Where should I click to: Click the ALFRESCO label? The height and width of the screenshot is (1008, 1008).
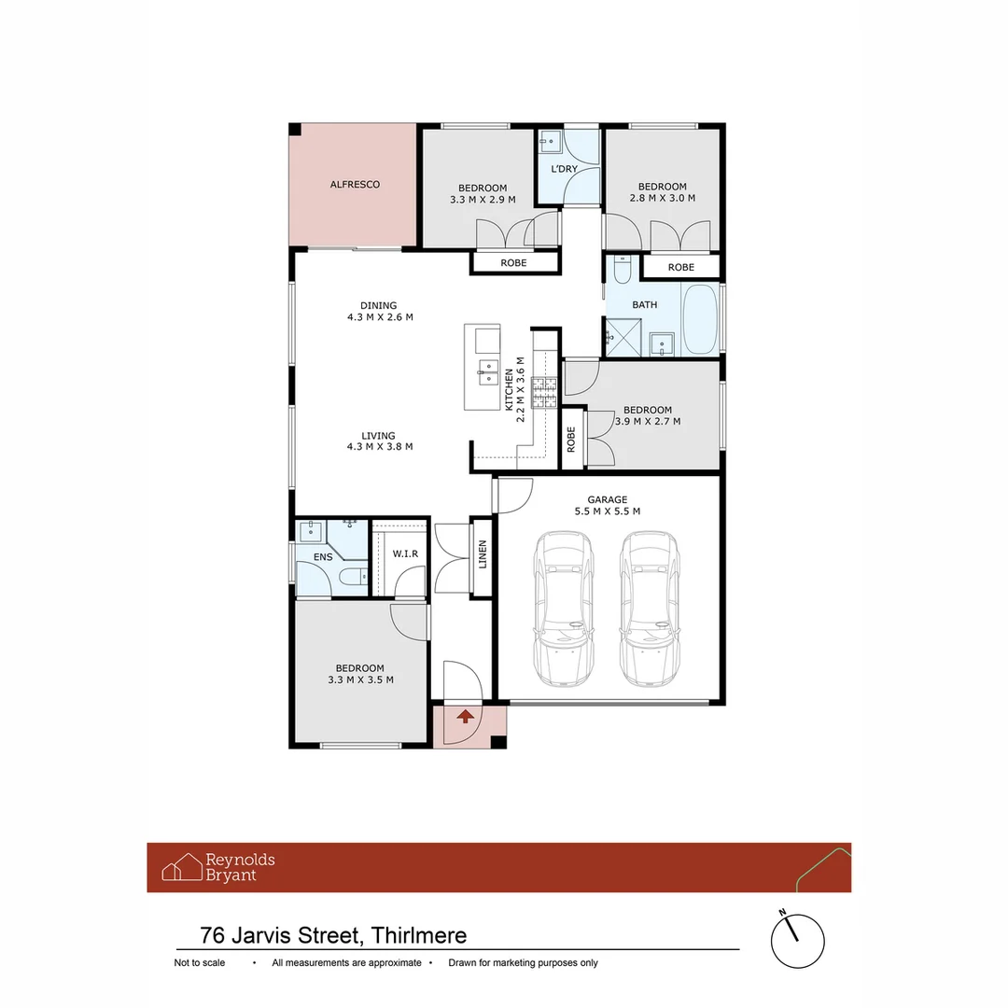[355, 185]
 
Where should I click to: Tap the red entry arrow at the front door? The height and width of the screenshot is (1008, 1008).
[466, 716]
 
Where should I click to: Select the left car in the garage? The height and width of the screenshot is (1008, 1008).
[563, 609]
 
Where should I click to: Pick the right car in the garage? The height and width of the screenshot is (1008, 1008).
[650, 609]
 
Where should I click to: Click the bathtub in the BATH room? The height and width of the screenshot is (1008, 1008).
[699, 319]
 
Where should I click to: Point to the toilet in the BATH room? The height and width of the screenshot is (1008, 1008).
[623, 270]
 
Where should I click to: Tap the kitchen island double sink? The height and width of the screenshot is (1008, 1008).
[488, 372]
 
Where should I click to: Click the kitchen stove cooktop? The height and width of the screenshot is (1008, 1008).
[544, 393]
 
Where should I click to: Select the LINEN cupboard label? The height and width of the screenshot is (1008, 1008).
[483, 554]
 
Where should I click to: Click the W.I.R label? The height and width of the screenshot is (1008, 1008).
[405, 553]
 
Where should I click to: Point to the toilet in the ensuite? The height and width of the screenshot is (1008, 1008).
[352, 576]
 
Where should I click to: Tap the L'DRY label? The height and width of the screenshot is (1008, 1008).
[565, 169]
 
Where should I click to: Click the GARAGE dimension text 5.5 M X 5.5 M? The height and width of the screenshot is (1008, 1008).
[608, 511]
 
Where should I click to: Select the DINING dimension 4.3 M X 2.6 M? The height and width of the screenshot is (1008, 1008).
[380, 317]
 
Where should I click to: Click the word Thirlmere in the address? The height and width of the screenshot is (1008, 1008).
[418, 935]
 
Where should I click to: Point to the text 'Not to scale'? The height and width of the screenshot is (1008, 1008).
[200, 962]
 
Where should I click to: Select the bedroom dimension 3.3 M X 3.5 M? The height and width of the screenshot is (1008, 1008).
[360, 679]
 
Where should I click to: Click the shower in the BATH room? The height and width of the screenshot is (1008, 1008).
[623, 338]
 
